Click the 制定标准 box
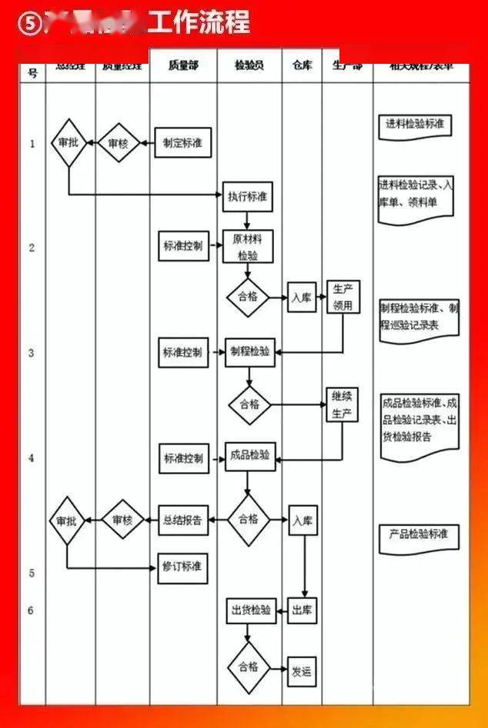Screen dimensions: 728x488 183,143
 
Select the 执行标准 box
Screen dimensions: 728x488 248,196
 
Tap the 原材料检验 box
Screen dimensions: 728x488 248,247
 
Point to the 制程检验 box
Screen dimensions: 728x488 250,352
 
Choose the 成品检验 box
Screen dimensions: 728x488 250,455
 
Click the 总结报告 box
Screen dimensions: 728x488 183,520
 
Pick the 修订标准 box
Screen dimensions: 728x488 182,567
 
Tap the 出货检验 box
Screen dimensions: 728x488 250,611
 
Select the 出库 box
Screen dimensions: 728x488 302,611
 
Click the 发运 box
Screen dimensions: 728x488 302,671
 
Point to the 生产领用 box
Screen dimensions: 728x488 343,298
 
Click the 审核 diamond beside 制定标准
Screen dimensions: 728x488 118,143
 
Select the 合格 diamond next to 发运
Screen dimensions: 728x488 249,667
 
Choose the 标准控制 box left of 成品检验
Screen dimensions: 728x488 183,459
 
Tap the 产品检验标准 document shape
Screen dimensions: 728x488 419,536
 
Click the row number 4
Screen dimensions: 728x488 32,458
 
